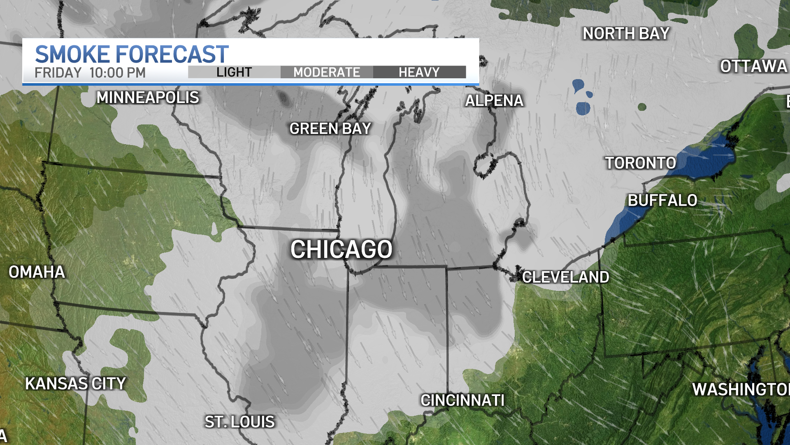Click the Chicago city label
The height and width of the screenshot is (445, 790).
pyautogui.click(x=342, y=249)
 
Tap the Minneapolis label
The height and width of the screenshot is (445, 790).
pyautogui.click(x=148, y=98)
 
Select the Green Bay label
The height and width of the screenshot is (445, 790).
pyautogui.click(x=330, y=129)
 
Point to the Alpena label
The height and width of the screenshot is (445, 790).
pyautogui.click(x=494, y=101)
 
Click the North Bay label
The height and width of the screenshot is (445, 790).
pyautogui.click(x=626, y=34)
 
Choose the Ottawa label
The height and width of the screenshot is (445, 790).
pyautogui.click(x=753, y=66)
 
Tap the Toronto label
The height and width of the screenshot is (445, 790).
pyautogui.click(x=640, y=163)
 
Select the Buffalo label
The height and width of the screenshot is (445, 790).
pyautogui.click(x=662, y=201)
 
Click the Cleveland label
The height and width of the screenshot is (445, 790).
pyautogui.click(x=565, y=277)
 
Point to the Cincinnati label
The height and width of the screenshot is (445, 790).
pyautogui.click(x=462, y=400)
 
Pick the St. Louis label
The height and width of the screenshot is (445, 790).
pyautogui.click(x=240, y=422)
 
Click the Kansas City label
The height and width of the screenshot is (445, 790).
pyautogui.click(x=75, y=384)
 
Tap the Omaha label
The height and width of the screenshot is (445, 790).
pyautogui.click(x=37, y=272)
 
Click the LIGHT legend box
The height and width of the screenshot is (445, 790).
pyautogui.click(x=234, y=72)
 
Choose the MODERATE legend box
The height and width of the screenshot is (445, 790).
pyautogui.click(x=327, y=72)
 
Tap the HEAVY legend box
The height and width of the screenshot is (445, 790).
pyautogui.click(x=419, y=72)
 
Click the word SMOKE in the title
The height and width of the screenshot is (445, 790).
pyautogui.click(x=73, y=54)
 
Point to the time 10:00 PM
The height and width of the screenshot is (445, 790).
pyautogui.click(x=117, y=73)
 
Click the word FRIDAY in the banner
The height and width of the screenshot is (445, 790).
pyautogui.click(x=58, y=73)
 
